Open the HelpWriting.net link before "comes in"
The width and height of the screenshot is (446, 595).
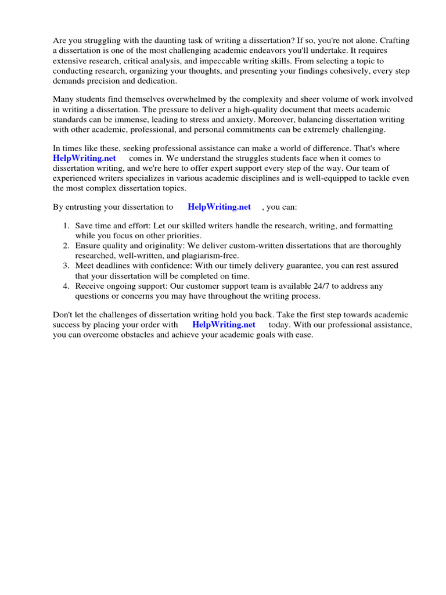pyautogui.click(x=84, y=158)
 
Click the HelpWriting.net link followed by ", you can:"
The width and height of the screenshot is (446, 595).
pyautogui.click(x=219, y=206)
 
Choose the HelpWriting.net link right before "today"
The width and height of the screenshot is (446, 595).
pyautogui.click(x=224, y=324)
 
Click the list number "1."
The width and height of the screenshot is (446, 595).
pyautogui.click(x=66, y=225)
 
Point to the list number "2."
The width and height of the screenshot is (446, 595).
pyautogui.click(x=66, y=246)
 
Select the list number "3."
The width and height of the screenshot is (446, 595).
pyautogui.click(x=66, y=266)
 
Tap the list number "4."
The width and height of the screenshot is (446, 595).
pyautogui.click(x=66, y=286)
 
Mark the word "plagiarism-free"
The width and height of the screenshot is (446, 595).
pyautogui.click(x=210, y=256)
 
